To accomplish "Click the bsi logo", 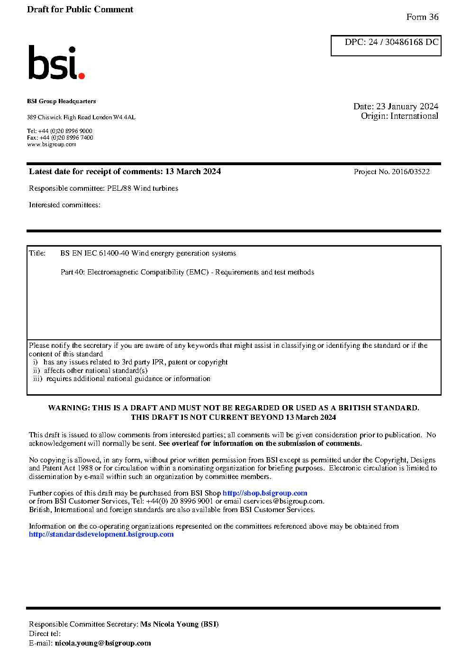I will pyautogui.click(x=56, y=62).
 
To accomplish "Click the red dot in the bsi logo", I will pyautogui.click(x=81, y=75).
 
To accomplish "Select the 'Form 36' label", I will pyautogui.click(x=422, y=17).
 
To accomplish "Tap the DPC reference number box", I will pyautogui.click(x=386, y=45).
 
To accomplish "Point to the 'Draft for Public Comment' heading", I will pyautogui.click(x=80, y=9).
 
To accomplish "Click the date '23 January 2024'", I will pyautogui.click(x=407, y=106).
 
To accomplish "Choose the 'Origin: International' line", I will pyautogui.click(x=399, y=116).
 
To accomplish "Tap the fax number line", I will pyautogui.click(x=60, y=138).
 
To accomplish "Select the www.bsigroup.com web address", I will pyautogui.click(x=52, y=144).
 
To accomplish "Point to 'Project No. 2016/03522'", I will pyautogui.click(x=391, y=172).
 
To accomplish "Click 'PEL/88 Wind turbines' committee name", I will pyautogui.click(x=143, y=188).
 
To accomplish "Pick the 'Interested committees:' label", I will pyautogui.click(x=64, y=205).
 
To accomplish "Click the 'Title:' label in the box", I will pyautogui.click(x=37, y=253).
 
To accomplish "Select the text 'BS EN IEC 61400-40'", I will pyautogui.click(x=94, y=253).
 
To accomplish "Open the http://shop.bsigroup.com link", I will pyautogui.click(x=265, y=493).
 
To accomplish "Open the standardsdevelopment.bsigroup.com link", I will pyautogui.click(x=101, y=534).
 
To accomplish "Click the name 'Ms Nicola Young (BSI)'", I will pyautogui.click(x=179, y=624).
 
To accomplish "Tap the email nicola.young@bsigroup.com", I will pyautogui.click(x=103, y=643).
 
